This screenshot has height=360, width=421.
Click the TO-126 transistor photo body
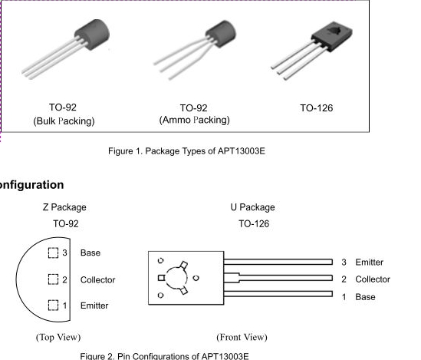point(332,36)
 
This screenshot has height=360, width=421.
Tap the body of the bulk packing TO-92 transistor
point(92,35)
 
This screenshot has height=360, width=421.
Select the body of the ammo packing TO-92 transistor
point(221,34)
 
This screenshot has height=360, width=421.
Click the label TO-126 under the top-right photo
point(316,108)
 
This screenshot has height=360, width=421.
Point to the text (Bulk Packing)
point(64,121)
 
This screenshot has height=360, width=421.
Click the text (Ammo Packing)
point(194,120)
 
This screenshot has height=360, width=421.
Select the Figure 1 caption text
point(186,151)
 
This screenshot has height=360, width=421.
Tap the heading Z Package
point(64,207)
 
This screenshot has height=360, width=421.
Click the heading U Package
point(252,207)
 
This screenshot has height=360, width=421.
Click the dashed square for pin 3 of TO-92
point(53,253)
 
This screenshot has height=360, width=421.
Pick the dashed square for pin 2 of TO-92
point(53,279)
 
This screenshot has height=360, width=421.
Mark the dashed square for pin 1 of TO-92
point(53,306)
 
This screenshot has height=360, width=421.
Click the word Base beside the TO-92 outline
point(90,253)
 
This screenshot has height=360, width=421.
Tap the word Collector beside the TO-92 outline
point(97,279)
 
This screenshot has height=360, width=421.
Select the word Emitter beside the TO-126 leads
point(370,263)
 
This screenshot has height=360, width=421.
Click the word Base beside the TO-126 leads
point(366,297)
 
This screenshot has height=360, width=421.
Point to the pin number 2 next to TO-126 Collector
point(344,279)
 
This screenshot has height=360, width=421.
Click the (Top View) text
point(58,337)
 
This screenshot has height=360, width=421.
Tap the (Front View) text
point(242,337)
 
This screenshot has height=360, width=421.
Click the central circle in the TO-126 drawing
point(166,278)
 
